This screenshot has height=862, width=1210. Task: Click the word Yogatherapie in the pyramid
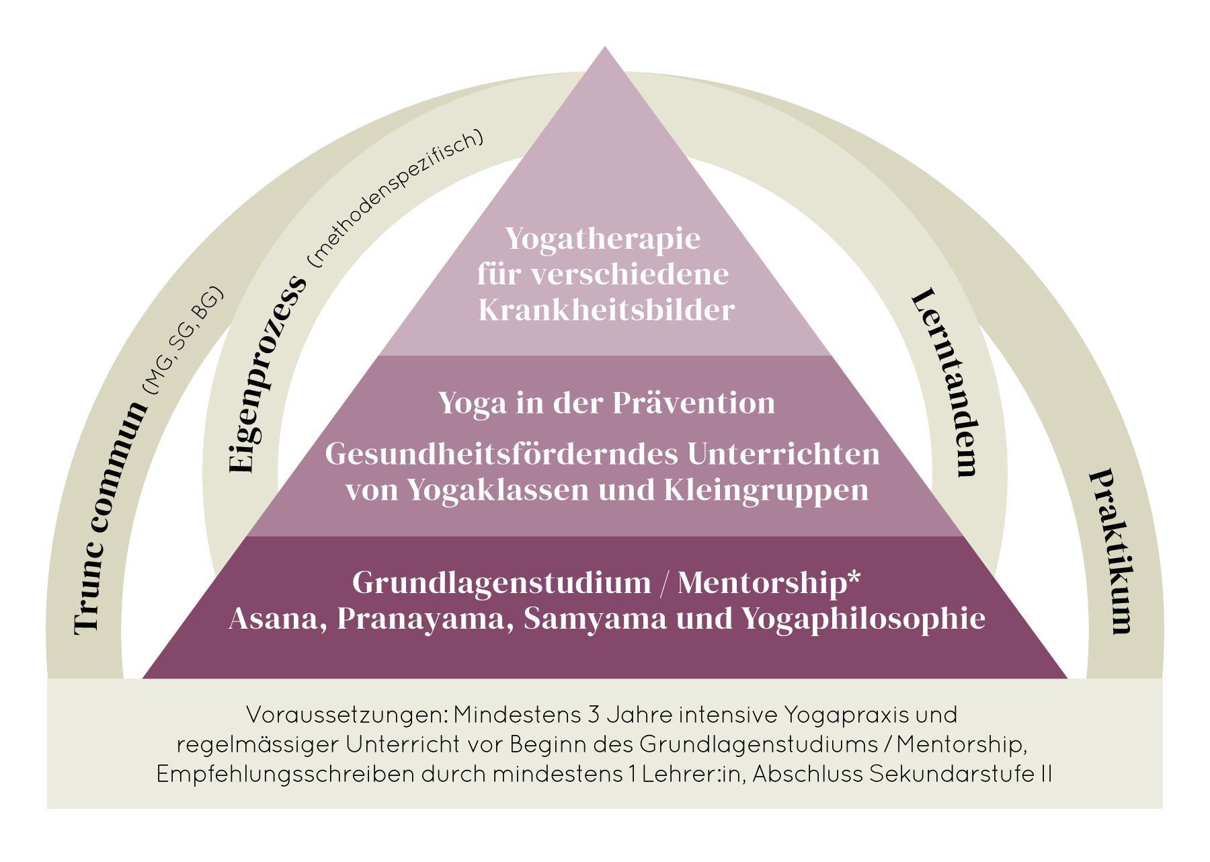point(602,239)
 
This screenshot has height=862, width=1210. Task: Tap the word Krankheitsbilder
point(606,310)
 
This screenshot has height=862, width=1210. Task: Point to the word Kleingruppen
point(766,490)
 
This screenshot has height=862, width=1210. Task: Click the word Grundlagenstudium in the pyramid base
point(501,582)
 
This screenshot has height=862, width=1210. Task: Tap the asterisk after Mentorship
point(854,578)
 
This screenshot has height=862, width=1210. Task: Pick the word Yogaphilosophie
point(864,619)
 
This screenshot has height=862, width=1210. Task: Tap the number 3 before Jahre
point(593,715)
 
